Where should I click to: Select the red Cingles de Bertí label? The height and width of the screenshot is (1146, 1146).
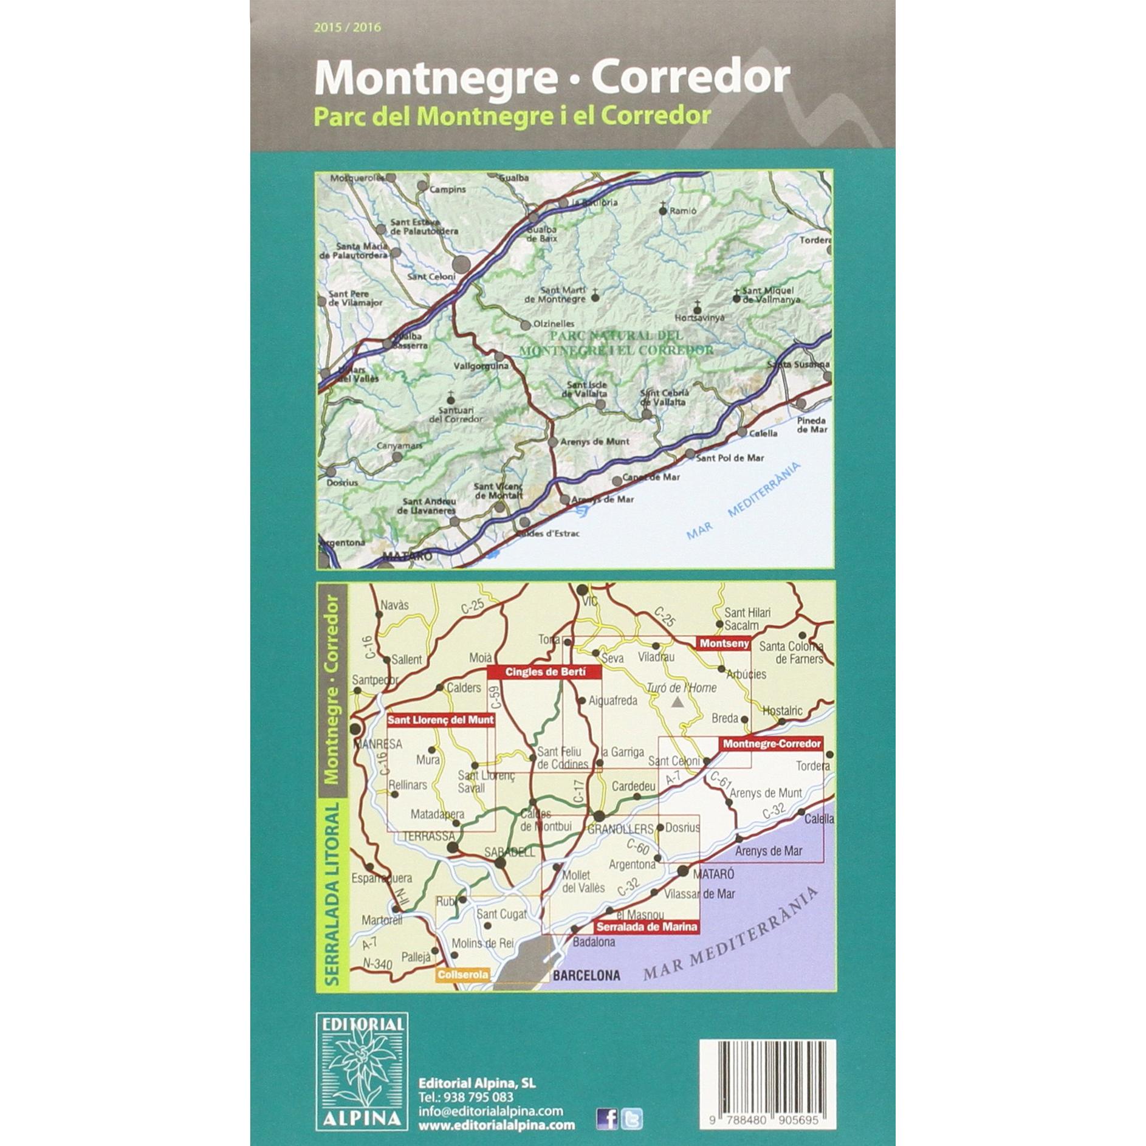point(544,672)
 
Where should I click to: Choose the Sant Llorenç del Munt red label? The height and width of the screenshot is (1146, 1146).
point(441,721)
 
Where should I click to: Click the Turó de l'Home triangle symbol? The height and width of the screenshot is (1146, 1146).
point(678,704)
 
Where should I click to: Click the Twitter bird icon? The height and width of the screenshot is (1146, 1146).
point(631,1118)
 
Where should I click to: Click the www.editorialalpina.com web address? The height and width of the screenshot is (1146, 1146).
point(496,1125)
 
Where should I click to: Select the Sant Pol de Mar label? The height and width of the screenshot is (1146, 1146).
point(730,458)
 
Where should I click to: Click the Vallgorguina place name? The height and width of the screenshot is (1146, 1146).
point(481,366)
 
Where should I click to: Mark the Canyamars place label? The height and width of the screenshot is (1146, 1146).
point(399,446)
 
